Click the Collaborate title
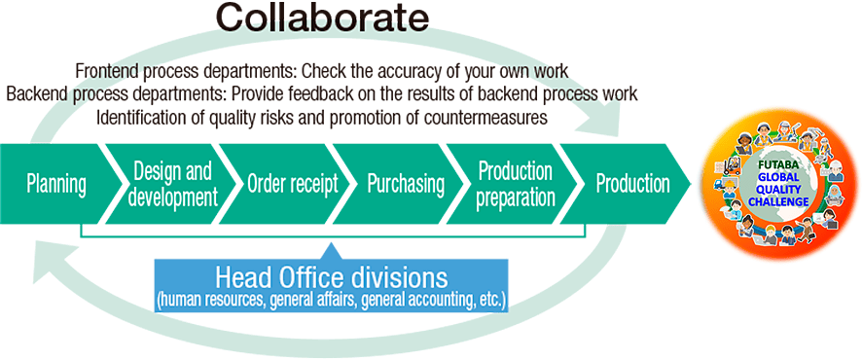[x=321, y=18]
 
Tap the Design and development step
[x=171, y=184]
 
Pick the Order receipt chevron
[x=292, y=184]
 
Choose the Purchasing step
[x=406, y=184]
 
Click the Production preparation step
[x=516, y=184]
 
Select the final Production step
[x=632, y=184]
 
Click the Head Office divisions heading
[x=331, y=275]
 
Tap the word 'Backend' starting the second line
[x=34, y=94]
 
